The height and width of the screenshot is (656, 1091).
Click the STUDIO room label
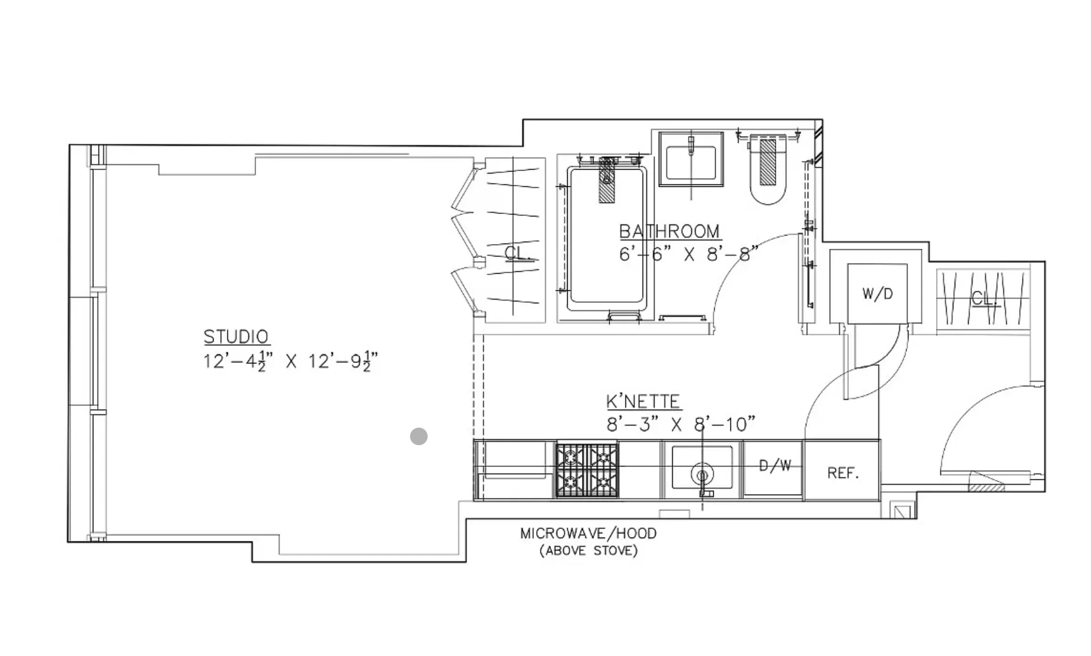(x=236, y=337)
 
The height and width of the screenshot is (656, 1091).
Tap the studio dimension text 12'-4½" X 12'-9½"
(x=290, y=361)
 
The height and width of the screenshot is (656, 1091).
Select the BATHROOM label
(x=669, y=231)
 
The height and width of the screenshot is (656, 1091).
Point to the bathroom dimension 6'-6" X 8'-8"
(x=688, y=254)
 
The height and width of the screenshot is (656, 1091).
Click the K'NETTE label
(x=643, y=401)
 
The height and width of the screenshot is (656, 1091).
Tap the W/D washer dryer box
(x=877, y=294)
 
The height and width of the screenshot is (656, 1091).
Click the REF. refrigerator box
(x=842, y=472)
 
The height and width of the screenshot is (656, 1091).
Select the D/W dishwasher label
(x=774, y=465)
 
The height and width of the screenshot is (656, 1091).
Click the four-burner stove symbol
(x=587, y=470)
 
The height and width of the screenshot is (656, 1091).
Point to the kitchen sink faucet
(x=702, y=476)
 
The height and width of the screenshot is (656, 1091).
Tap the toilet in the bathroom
(x=768, y=171)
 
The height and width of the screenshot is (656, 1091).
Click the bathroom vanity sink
(x=691, y=159)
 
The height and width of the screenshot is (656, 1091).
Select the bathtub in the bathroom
(x=606, y=238)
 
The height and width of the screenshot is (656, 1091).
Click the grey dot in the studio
(x=418, y=436)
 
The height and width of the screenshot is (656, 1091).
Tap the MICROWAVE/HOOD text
(x=588, y=533)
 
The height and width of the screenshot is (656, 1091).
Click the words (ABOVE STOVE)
(x=588, y=551)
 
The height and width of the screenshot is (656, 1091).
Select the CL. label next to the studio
(x=517, y=253)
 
